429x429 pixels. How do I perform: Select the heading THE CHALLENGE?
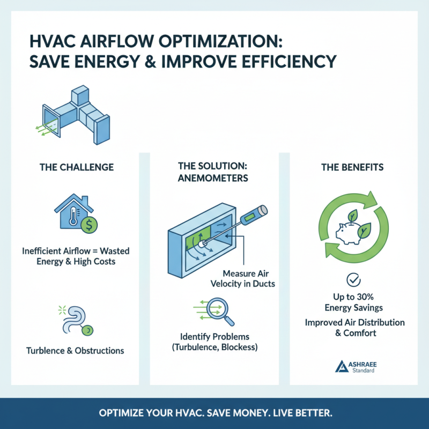click(x=76, y=167)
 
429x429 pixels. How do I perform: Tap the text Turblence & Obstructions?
click(x=75, y=351)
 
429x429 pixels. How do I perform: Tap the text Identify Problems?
click(x=214, y=337)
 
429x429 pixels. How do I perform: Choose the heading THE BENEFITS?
click(x=352, y=167)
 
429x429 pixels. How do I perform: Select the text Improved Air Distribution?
click(x=355, y=323)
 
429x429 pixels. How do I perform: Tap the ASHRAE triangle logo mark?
click(x=342, y=366)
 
